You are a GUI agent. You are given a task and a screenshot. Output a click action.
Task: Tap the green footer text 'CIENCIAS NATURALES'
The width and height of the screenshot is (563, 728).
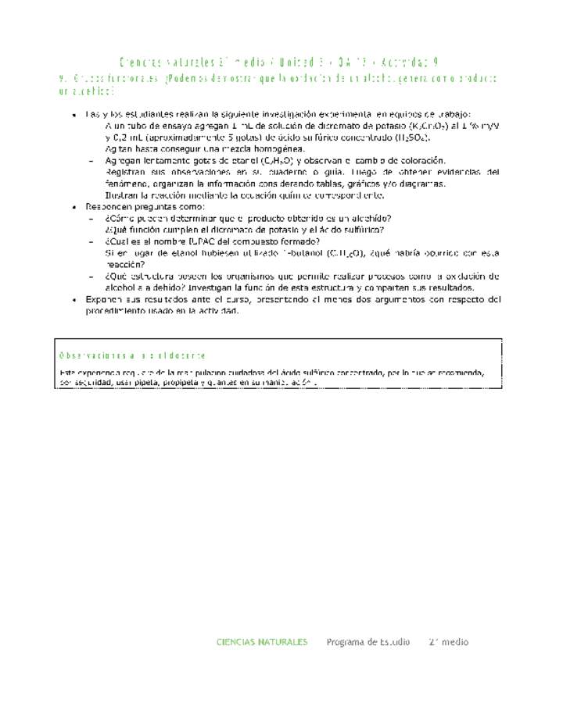point(262,642)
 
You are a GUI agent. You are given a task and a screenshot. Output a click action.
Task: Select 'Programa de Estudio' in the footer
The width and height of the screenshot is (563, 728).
point(368,642)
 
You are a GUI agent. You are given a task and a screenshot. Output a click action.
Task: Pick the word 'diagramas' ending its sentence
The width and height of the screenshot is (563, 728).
point(421,184)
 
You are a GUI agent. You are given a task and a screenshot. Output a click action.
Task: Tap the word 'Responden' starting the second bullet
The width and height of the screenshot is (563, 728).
point(109,206)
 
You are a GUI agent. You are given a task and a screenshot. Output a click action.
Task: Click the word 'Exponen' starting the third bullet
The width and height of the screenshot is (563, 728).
point(104,300)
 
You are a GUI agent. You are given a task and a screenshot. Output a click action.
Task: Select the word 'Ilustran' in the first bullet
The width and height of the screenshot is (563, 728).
point(121,195)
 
